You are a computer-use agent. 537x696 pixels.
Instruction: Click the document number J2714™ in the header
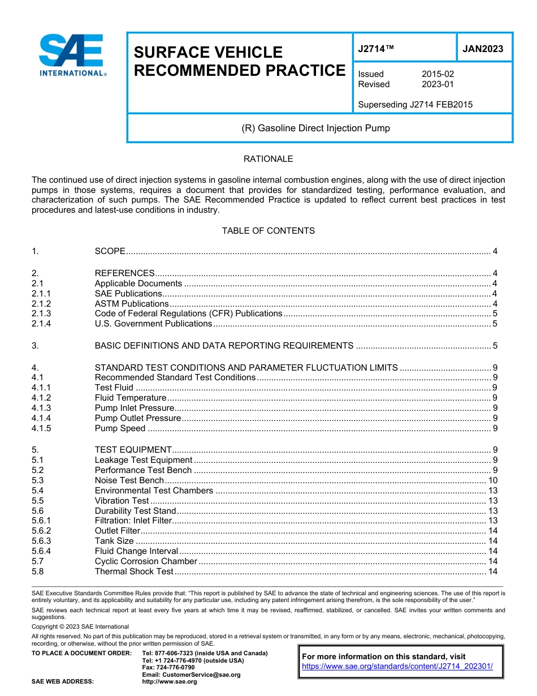coord(376,49)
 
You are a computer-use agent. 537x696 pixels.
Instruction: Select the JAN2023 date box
coord(483,49)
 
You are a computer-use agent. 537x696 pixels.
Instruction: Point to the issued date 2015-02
coord(438,74)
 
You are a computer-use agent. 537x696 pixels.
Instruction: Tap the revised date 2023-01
coord(438,84)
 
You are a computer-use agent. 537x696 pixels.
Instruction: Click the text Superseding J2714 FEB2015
coord(415,105)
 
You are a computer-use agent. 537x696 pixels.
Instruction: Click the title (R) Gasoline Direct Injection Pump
coord(315,128)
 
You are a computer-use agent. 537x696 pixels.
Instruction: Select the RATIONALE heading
coord(268,159)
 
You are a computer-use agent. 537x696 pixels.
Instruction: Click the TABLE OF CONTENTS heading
coord(268,231)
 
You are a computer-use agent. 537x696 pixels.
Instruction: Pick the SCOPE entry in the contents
coord(110,251)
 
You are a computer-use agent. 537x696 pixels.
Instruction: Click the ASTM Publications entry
coord(132,304)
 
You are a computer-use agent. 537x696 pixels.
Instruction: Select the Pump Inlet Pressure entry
coord(135,408)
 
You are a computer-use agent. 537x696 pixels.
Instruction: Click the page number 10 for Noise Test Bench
coord(492,480)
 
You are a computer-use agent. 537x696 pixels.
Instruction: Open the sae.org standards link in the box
coord(397,667)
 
